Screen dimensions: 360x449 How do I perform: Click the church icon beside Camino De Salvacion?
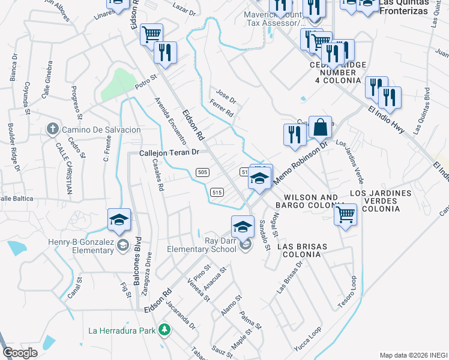[53, 129]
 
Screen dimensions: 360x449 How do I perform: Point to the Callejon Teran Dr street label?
[169, 153]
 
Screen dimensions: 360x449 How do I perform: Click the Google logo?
[20, 353]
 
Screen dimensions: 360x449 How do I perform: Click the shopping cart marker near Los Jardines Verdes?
[345, 214]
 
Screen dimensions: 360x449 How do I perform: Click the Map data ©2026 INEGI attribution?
[413, 355]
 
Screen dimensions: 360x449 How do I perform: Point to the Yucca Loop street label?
[307, 338]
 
